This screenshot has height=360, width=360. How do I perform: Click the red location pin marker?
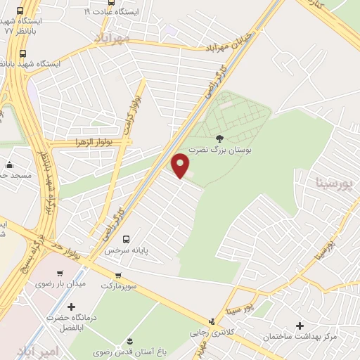[x=181, y=165]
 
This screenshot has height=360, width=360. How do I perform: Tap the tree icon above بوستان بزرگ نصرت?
[x=219, y=139]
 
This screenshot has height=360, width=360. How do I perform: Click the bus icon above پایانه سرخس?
[x=127, y=238]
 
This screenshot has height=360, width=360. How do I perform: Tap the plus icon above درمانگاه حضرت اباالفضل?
[x=71, y=307]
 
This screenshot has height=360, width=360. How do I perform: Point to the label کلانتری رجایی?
[x=212, y=333]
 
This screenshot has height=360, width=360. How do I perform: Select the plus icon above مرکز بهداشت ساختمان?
[x=300, y=326]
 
